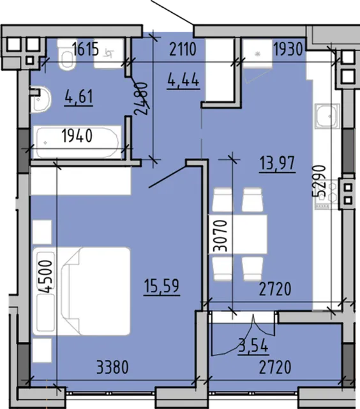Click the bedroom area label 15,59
161,286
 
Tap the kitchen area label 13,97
277,163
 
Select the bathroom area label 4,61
79,96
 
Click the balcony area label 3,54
253,346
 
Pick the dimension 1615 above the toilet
86,49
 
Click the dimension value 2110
183,49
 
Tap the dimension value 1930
289,49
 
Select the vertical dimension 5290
319,181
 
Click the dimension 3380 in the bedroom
112,367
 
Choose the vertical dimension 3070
220,236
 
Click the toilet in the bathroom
66,55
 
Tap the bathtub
77,143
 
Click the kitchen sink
327,116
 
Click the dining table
237,235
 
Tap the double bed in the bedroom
81,291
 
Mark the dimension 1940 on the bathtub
77,135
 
